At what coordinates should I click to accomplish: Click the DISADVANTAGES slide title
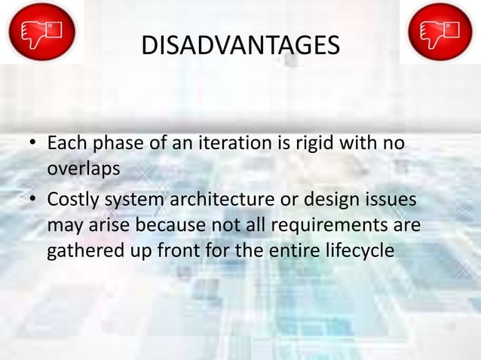pos(240,47)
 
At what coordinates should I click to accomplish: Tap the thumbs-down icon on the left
pos(41,32)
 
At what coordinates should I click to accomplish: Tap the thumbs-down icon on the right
pos(440,32)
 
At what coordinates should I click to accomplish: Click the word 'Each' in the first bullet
pos(65,142)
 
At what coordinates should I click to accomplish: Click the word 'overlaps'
pos(83,168)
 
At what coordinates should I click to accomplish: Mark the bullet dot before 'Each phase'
pos(34,144)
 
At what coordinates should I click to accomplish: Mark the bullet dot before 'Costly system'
pos(34,201)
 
